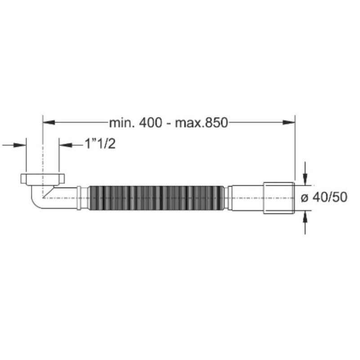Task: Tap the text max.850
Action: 201,123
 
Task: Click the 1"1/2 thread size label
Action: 100,144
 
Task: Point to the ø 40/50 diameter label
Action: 324,198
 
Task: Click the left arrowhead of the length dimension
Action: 49,122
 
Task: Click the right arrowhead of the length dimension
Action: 289,122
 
